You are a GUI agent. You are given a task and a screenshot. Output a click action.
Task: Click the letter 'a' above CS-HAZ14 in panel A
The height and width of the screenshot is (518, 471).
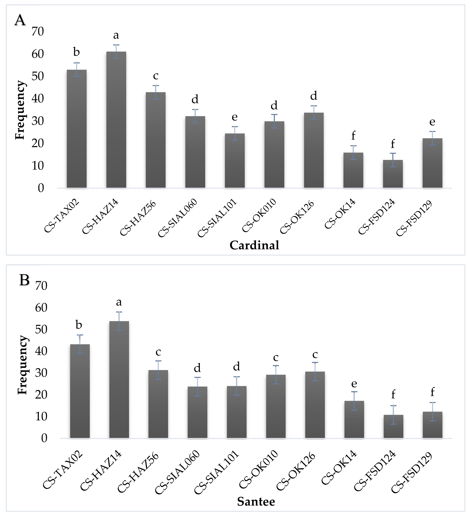[116, 35]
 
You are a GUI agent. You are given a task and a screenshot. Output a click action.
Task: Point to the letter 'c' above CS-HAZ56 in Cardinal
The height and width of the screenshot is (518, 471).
[156, 76]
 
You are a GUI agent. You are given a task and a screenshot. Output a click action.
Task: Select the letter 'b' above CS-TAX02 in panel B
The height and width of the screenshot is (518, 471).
[79, 325]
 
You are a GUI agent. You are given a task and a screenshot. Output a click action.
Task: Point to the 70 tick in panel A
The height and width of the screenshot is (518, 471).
[38, 32]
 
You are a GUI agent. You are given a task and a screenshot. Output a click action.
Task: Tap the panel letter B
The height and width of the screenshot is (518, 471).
[24, 280]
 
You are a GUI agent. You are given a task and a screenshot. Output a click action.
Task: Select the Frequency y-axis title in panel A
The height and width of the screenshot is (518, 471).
[20, 110]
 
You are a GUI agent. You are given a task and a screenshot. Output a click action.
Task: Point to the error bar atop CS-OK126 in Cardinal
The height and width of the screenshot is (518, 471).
[314, 112]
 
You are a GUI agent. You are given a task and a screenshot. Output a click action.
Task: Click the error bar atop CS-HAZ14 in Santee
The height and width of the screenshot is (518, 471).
[119, 321]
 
